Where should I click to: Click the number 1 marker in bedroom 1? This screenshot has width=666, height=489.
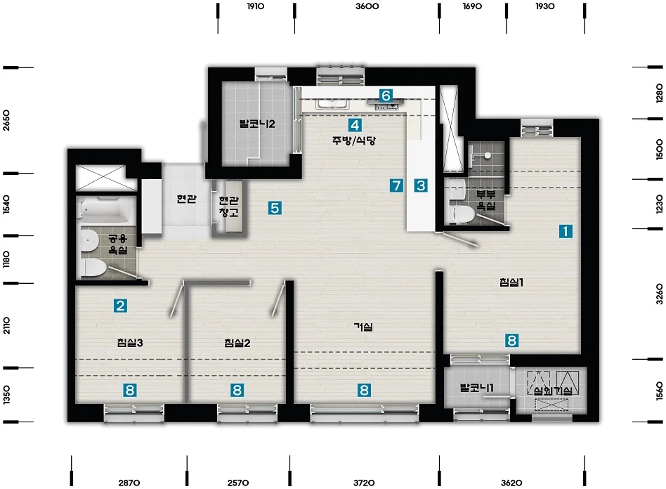pyautogui.click(x=566, y=231)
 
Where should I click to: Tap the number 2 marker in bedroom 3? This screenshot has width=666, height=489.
pyautogui.click(x=120, y=306)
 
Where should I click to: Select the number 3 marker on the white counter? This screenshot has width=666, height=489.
pyautogui.click(x=421, y=185)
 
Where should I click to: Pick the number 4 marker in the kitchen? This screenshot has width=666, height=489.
pyautogui.click(x=355, y=125)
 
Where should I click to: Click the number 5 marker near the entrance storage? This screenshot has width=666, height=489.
pyautogui.click(x=275, y=208)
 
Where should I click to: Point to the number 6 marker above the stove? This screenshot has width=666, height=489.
pyautogui.click(x=386, y=95)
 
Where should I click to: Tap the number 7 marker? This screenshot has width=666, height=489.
pyautogui.click(x=396, y=185)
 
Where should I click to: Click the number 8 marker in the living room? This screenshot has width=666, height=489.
pyautogui.click(x=364, y=390)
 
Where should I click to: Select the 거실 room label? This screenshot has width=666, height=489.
pyautogui.click(x=364, y=327)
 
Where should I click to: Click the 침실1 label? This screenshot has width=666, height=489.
pyautogui.click(x=511, y=282)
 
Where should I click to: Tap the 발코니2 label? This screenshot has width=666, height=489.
pyautogui.click(x=257, y=124)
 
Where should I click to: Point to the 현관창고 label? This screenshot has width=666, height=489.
pyautogui.click(x=229, y=206)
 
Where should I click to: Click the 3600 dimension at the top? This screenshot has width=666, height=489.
pyautogui.click(x=367, y=6)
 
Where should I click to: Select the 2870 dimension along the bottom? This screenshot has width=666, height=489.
pyautogui.click(x=129, y=483)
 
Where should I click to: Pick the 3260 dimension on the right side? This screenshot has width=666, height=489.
pyautogui.click(x=659, y=294)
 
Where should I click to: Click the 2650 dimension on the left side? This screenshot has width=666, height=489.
pyautogui.click(x=6, y=120)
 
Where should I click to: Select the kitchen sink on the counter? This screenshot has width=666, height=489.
pyautogui.click(x=332, y=103)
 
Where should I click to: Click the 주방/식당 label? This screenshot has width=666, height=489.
pyautogui.click(x=354, y=141)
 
